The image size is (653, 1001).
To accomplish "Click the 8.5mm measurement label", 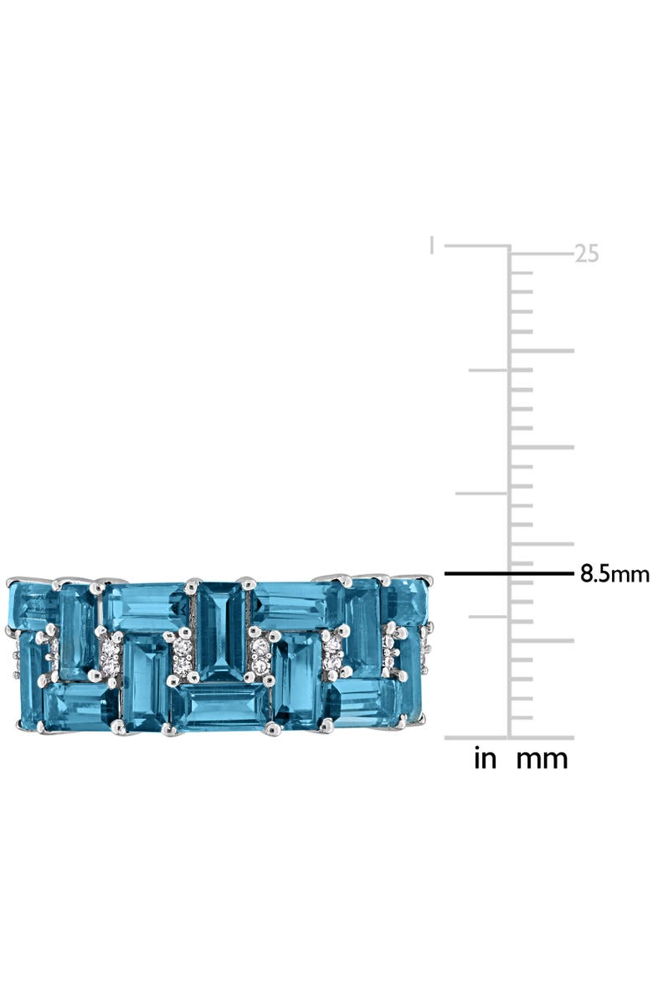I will tap(614, 574).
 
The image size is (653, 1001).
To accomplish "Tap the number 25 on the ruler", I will tap(587, 254).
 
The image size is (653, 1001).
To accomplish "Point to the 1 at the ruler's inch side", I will tap(431, 245).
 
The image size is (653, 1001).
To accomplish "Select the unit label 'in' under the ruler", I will tap(485, 759).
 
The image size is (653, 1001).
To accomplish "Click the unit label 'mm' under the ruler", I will tap(541, 759).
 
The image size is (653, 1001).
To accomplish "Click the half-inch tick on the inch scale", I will tap(476, 493).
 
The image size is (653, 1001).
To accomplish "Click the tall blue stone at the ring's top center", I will tap(221, 630).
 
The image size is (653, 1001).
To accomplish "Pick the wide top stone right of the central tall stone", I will tap(293, 605).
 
